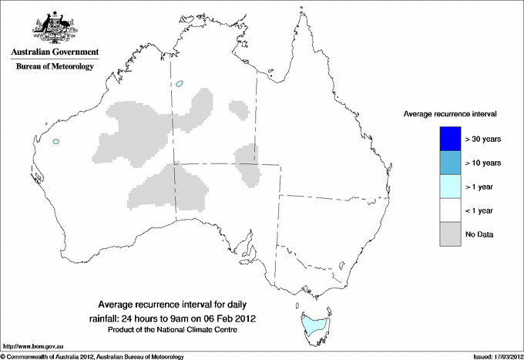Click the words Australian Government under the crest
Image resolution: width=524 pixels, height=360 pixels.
click(52, 52)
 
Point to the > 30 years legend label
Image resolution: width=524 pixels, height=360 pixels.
click(483, 140)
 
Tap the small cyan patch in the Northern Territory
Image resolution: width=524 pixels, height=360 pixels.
click(180, 84)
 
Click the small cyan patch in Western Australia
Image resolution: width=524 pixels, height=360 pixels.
click(55, 141)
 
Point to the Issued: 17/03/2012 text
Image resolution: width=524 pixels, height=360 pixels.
click(493, 356)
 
